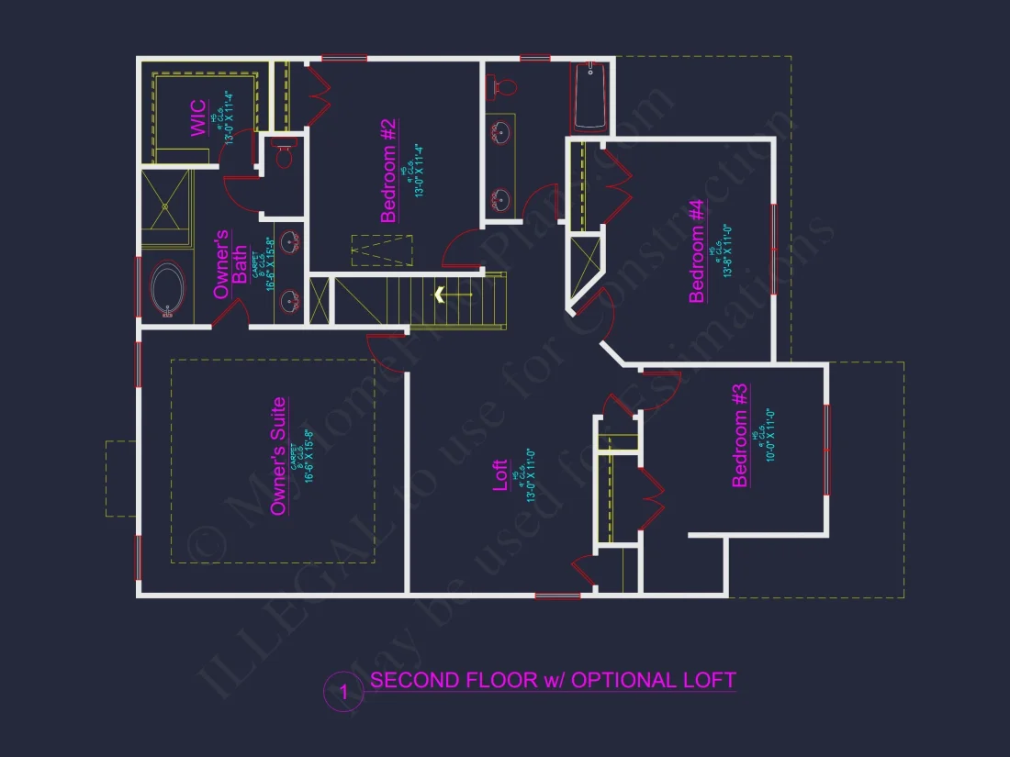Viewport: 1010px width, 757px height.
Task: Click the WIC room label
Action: pyautogui.click(x=198, y=118)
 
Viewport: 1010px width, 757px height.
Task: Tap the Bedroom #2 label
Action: pyautogui.click(x=388, y=171)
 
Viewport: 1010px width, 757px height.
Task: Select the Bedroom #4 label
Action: pyautogui.click(x=697, y=250)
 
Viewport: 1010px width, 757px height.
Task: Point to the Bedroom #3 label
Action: pyautogui.click(x=740, y=435)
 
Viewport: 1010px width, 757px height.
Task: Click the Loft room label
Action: pyautogui.click(x=501, y=476)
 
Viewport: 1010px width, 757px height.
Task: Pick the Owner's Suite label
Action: pyautogui.click(x=279, y=456)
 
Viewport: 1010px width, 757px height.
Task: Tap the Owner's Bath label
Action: pyautogui.click(x=230, y=264)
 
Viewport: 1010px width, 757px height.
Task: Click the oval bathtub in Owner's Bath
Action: pyautogui.click(x=168, y=290)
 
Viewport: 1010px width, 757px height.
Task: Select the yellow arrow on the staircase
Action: pyautogui.click(x=440, y=295)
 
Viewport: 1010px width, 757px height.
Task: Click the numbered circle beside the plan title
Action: pyautogui.click(x=343, y=692)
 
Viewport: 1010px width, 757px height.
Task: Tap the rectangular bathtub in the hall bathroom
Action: pyautogui.click(x=589, y=96)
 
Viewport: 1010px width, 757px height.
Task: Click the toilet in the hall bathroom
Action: pyautogui.click(x=502, y=86)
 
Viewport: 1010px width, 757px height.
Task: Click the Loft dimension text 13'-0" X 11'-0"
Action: pyautogui.click(x=531, y=475)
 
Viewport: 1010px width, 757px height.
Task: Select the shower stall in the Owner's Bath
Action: pyautogui.click(x=166, y=208)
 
